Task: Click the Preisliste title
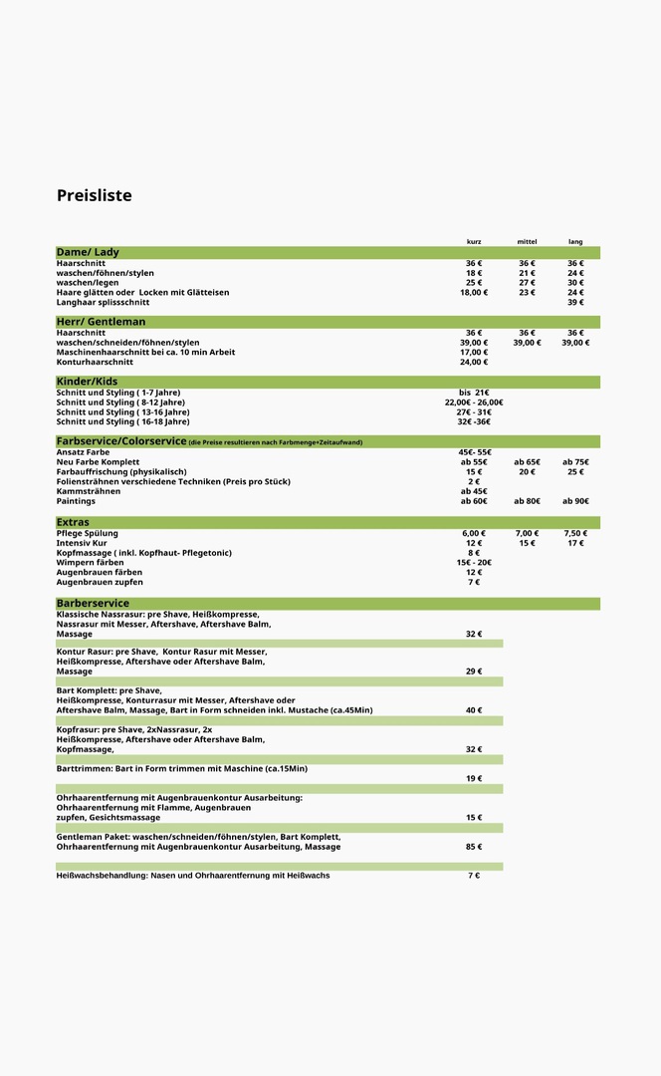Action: (94, 195)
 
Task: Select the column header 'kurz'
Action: (474, 242)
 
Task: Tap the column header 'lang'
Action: (575, 242)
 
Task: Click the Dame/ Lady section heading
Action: (88, 252)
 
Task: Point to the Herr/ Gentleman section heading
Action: (101, 322)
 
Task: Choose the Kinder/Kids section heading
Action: (87, 382)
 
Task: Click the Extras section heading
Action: (73, 522)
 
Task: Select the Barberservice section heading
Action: (93, 604)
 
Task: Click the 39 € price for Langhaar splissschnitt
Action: (575, 302)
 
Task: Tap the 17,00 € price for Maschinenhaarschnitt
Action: (474, 352)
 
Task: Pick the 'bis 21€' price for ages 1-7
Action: (474, 393)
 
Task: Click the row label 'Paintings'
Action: (76, 501)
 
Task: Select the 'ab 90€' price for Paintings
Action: (575, 501)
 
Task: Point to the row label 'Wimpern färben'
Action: (90, 563)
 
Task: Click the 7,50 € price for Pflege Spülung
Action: (575, 533)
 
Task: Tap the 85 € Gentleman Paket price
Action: (474, 847)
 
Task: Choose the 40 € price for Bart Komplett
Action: (474, 710)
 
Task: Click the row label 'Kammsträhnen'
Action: (88, 491)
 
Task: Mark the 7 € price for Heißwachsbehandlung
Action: (474, 876)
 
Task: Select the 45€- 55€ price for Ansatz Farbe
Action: (474, 452)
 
